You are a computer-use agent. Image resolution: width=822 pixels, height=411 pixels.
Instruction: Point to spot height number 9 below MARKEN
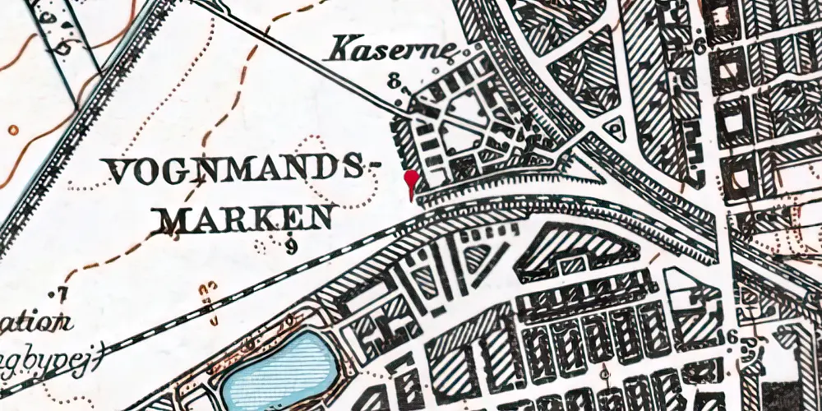(292, 243)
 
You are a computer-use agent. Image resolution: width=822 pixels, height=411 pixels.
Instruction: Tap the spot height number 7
(61, 293)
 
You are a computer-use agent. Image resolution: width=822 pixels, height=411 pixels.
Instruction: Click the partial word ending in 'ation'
(33, 323)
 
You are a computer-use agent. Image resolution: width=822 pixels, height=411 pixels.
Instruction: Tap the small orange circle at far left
(13, 129)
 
